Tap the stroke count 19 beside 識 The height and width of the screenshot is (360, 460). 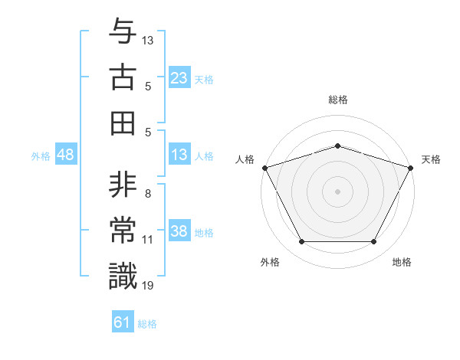pos(148,285)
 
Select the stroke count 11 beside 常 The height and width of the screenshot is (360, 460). pos(148,240)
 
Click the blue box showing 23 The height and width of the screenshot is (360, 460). pos(179,78)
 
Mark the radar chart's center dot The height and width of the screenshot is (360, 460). pos(337,191)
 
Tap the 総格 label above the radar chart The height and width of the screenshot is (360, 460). pos(337,100)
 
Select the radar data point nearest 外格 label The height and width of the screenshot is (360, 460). pos(301,242)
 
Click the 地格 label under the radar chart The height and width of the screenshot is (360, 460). pos(402,263)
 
